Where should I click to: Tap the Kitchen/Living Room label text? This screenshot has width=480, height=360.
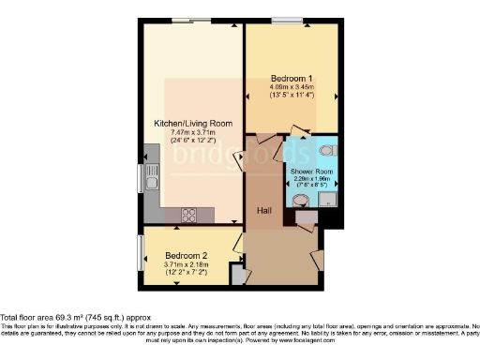click(x=193, y=123)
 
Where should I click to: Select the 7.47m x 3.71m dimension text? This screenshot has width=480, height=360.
click(x=193, y=132)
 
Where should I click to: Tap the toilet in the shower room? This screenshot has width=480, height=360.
click(x=324, y=150)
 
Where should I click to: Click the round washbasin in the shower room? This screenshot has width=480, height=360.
click(x=299, y=199)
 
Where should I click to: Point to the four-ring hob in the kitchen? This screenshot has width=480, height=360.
click(x=187, y=215)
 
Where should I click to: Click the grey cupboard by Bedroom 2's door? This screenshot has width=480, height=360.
click(x=238, y=276)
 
